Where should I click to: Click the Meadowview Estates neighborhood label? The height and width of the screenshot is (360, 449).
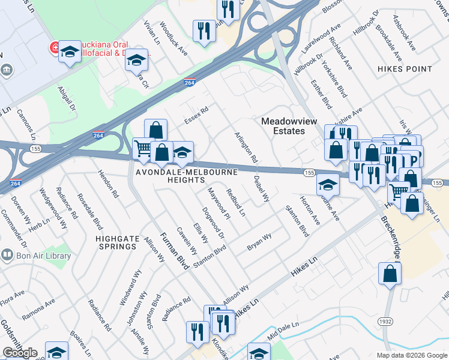point(289,125)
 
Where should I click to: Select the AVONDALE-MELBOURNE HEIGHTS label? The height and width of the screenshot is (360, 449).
point(186,176)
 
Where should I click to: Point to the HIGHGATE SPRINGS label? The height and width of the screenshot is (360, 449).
point(116,242)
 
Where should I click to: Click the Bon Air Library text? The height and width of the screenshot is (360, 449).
point(44,256)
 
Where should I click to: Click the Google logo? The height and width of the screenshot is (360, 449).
point(20,353)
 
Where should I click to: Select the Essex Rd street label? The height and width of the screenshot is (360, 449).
point(196,115)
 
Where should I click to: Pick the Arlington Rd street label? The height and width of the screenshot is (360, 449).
point(246,148)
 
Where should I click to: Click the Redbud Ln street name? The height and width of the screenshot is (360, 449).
point(235,202)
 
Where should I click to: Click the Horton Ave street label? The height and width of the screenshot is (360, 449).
point(310,211)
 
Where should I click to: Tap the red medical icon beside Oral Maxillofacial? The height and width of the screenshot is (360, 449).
point(53,46)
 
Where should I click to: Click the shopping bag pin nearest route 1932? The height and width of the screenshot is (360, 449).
point(390,274)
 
